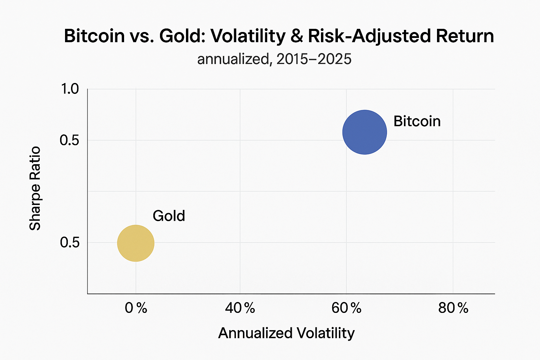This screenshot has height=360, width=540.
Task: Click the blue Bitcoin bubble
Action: pyautogui.click(x=365, y=132)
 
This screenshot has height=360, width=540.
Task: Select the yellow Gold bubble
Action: pyautogui.click(x=136, y=243)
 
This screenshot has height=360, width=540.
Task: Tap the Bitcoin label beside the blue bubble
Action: pyautogui.click(x=417, y=121)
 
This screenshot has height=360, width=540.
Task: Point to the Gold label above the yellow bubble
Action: pyautogui.click(x=169, y=216)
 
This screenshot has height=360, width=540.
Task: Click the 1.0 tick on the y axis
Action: pyautogui.click(x=70, y=89)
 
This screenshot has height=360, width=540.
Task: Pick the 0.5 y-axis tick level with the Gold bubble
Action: pyautogui.click(x=70, y=243)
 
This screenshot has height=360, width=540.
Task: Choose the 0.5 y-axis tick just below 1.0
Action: pyautogui.click(x=70, y=140)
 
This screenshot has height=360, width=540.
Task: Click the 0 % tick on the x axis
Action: pyautogui.click(x=136, y=308)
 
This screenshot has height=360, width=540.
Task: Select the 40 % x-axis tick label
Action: pyautogui.click(x=240, y=308)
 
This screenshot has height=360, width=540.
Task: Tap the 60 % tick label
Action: pyautogui.click(x=347, y=308)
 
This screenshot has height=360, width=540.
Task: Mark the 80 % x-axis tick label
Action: pyautogui.click(x=453, y=308)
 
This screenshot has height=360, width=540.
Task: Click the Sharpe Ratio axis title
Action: pyautogui.click(x=35, y=188)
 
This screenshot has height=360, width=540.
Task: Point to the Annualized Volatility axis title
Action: pyautogui.click(x=287, y=333)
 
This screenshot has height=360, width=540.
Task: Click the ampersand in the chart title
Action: pyautogui.click(x=298, y=36)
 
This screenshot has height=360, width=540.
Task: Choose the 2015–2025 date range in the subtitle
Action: pyautogui.click(x=314, y=59)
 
